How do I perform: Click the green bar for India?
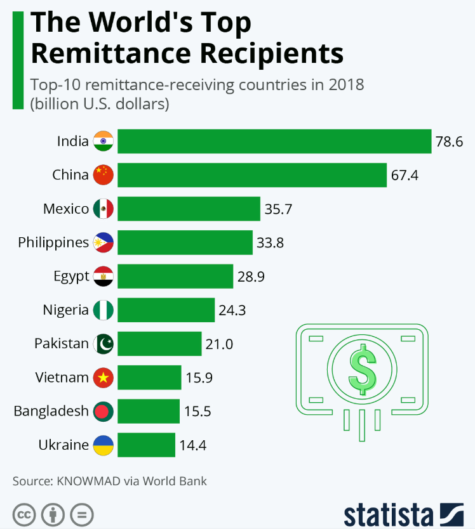(274, 141)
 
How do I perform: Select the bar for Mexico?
(189, 209)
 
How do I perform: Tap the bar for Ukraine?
(146, 445)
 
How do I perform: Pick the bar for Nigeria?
(166, 310)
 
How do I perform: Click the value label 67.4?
(405, 175)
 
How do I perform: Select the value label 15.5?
(197, 411)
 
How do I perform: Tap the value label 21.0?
(219, 344)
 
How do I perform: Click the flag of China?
(103, 174)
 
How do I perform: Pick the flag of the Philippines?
(103, 242)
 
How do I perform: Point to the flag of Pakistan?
(103, 344)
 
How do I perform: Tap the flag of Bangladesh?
(103, 411)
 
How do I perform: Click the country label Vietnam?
(62, 377)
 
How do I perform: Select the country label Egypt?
(71, 276)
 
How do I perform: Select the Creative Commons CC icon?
(23, 513)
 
